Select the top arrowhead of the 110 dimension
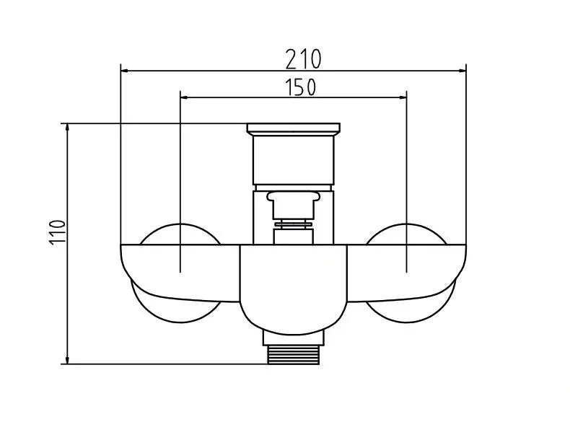pos(68,128)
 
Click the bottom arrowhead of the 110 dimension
pos(68,360)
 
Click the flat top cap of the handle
pos(293,129)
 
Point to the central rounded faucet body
pos(293,289)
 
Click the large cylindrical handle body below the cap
pos(293,160)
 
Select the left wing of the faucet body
pos(180,271)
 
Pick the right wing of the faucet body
pos(408,271)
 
